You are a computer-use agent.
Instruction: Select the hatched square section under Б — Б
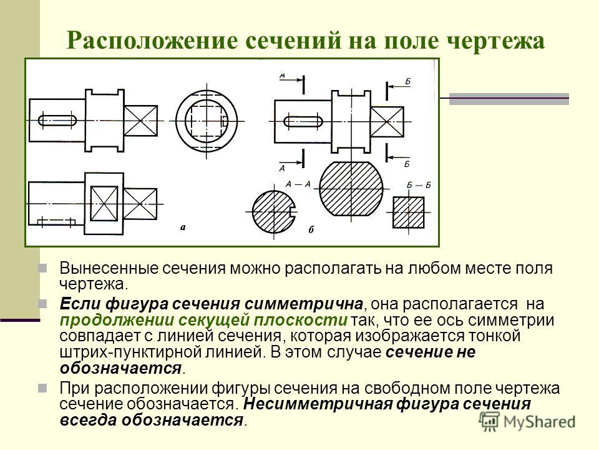tap(409, 212)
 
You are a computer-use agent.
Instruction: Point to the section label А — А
tap(298, 184)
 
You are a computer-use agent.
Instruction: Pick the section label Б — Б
tap(419, 185)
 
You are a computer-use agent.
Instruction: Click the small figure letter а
tap(183, 227)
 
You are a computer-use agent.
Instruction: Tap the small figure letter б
tap(311, 229)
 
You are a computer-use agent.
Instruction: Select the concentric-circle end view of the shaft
tap(207, 121)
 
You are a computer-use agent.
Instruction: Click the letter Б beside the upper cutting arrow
tap(407, 81)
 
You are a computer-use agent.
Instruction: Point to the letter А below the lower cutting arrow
tap(282, 168)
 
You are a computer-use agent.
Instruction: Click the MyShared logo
tap(527, 422)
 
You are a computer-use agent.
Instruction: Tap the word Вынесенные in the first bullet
tap(109, 268)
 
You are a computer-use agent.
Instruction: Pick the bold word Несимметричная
tap(317, 404)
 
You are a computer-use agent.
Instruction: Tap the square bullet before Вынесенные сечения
tap(42, 268)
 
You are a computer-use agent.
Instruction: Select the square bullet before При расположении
tap(42, 388)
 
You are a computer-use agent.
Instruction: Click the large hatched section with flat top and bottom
tap(351, 189)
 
